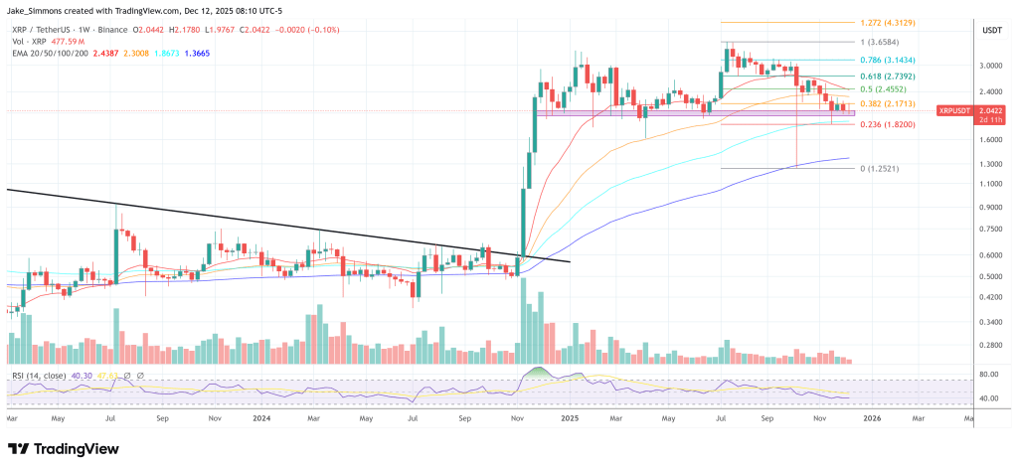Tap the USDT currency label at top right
(992, 31)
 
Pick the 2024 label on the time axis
(261, 419)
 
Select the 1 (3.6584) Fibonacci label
(881, 43)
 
